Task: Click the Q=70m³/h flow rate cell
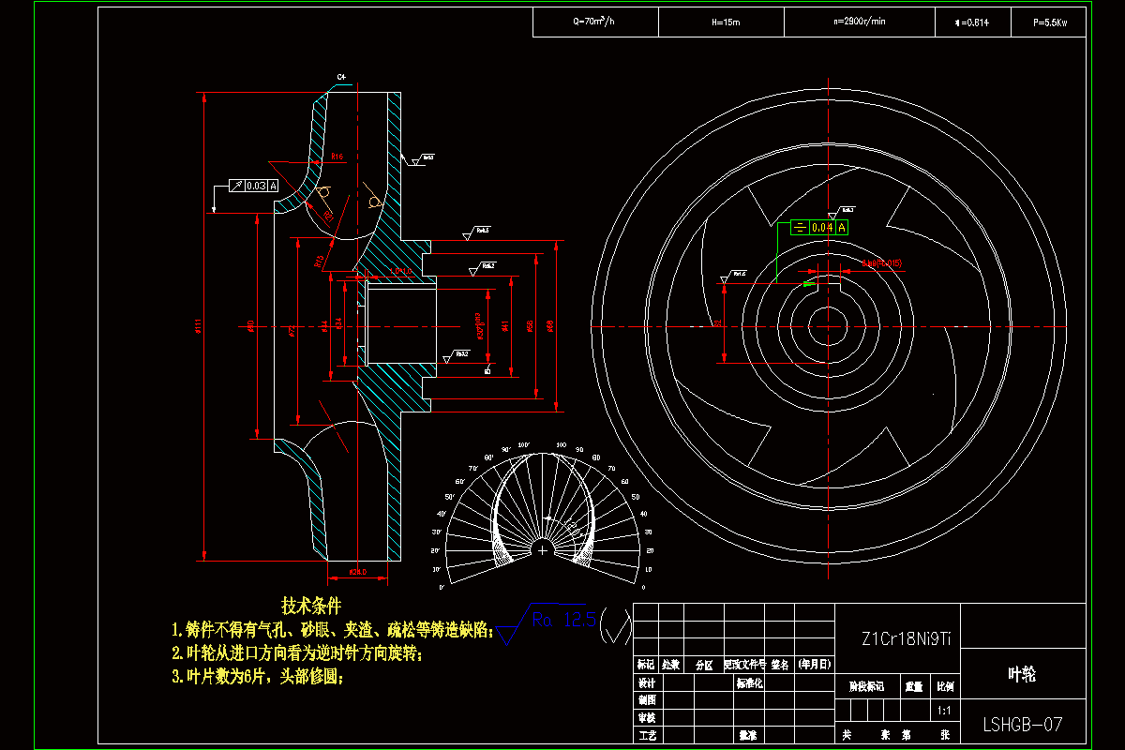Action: tap(593, 22)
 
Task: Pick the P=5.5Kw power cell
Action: tap(1049, 22)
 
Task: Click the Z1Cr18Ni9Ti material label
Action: tap(906, 639)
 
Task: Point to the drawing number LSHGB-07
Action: tap(1022, 724)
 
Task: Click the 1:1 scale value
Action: tap(944, 712)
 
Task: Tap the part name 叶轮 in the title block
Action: tap(1023, 674)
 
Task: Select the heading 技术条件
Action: tap(311, 606)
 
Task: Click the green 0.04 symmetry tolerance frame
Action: tap(818, 227)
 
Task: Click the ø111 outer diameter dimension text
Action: tap(199, 326)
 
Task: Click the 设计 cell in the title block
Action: tap(647, 683)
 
